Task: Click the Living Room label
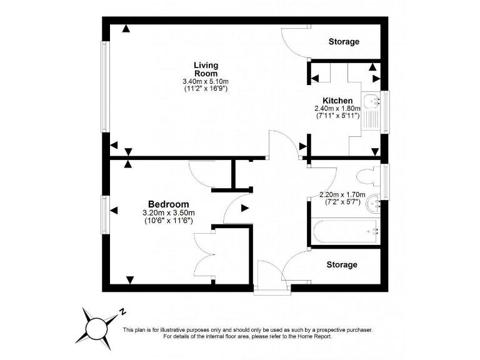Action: click(206, 69)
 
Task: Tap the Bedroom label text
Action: click(168, 204)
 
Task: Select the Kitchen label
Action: click(337, 101)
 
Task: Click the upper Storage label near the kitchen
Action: click(344, 42)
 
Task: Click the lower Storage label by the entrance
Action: click(342, 264)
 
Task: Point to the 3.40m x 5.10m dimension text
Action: click(206, 81)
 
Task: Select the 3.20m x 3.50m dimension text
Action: click(168, 213)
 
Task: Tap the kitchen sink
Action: click(374, 100)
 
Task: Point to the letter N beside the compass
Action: click(124, 311)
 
